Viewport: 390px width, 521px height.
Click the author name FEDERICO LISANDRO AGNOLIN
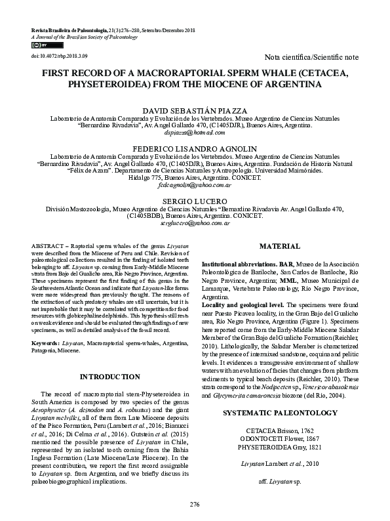coord(195,149)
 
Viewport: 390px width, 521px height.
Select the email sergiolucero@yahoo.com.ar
coord(195,224)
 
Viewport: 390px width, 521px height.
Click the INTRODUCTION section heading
coord(109,377)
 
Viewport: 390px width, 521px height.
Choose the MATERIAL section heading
coord(280,245)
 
